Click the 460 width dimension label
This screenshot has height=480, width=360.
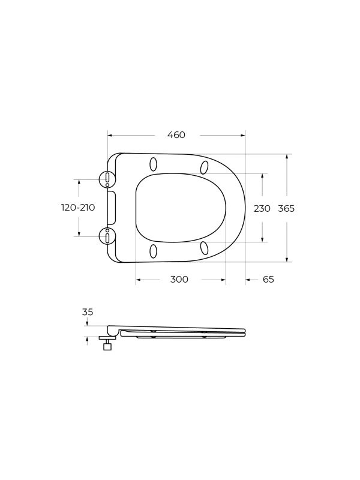176,134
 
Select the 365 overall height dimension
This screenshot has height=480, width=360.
286,208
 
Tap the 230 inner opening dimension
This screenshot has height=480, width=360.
262,208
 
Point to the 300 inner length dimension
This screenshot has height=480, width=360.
179,280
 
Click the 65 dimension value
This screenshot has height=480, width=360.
268,280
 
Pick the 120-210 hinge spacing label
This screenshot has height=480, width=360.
79,208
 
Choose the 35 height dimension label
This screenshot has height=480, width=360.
88,312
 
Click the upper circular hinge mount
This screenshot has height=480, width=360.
107,179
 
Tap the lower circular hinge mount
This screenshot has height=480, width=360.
107,236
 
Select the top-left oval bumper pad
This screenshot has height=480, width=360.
154,164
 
